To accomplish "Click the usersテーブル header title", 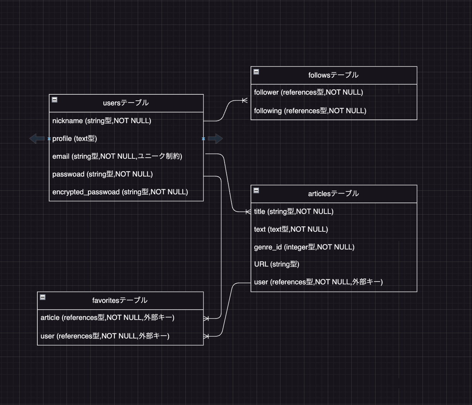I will point(126,103).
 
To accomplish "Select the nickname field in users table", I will point(101,121).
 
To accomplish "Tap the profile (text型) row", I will point(74,138).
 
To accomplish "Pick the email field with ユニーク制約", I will point(117,156).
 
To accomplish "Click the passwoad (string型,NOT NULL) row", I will point(102,174).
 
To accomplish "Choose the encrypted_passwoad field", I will point(120,192).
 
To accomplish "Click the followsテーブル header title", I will point(333,75).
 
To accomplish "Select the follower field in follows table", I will point(308,92).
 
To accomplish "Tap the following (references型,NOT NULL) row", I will point(310,111).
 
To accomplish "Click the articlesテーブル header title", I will point(333,194).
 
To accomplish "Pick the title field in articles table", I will point(293,211).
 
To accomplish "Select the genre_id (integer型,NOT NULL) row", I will point(304,247).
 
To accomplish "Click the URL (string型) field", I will point(276,264).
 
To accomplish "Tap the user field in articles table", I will point(318,282).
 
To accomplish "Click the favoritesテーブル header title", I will point(120,300).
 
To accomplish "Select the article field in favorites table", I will point(107,317).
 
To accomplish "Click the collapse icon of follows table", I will point(256,72).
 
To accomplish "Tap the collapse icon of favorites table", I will point(43,297).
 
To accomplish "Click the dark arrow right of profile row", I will point(215,138).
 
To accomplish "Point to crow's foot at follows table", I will point(245,100).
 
